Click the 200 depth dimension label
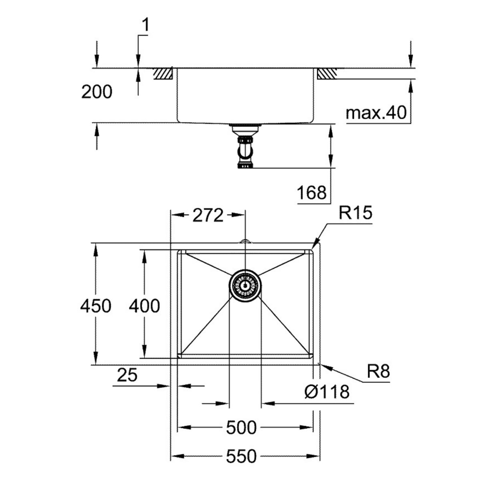click(x=97, y=92)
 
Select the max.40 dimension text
click(x=376, y=113)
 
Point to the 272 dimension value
click(x=207, y=216)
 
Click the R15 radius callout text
click(x=355, y=213)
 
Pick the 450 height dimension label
click(x=95, y=306)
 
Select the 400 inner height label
click(x=144, y=306)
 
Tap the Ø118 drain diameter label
click(x=327, y=392)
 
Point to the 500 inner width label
click(x=241, y=428)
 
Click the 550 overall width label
click(x=241, y=456)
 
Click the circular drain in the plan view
click(x=245, y=285)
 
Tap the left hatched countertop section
click(x=163, y=74)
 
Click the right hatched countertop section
click(x=327, y=74)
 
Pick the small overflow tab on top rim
click(x=245, y=241)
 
